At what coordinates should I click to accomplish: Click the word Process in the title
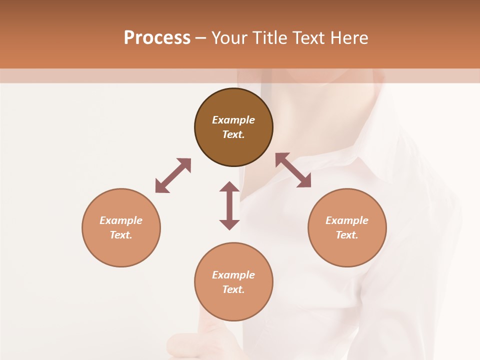(157, 38)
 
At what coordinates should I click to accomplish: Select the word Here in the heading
(349, 38)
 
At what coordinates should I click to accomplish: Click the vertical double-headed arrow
(229, 205)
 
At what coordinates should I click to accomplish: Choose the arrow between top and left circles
(173, 175)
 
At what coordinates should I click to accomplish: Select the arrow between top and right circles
(293, 170)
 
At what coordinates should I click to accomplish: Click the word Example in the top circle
(233, 120)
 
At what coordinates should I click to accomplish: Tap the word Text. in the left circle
(121, 235)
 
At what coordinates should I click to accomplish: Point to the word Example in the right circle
(347, 220)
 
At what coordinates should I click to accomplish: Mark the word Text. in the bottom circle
(233, 289)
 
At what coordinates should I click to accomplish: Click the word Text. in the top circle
(233, 134)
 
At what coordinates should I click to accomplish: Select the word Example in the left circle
(121, 220)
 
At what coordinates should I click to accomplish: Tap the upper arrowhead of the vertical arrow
(229, 187)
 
